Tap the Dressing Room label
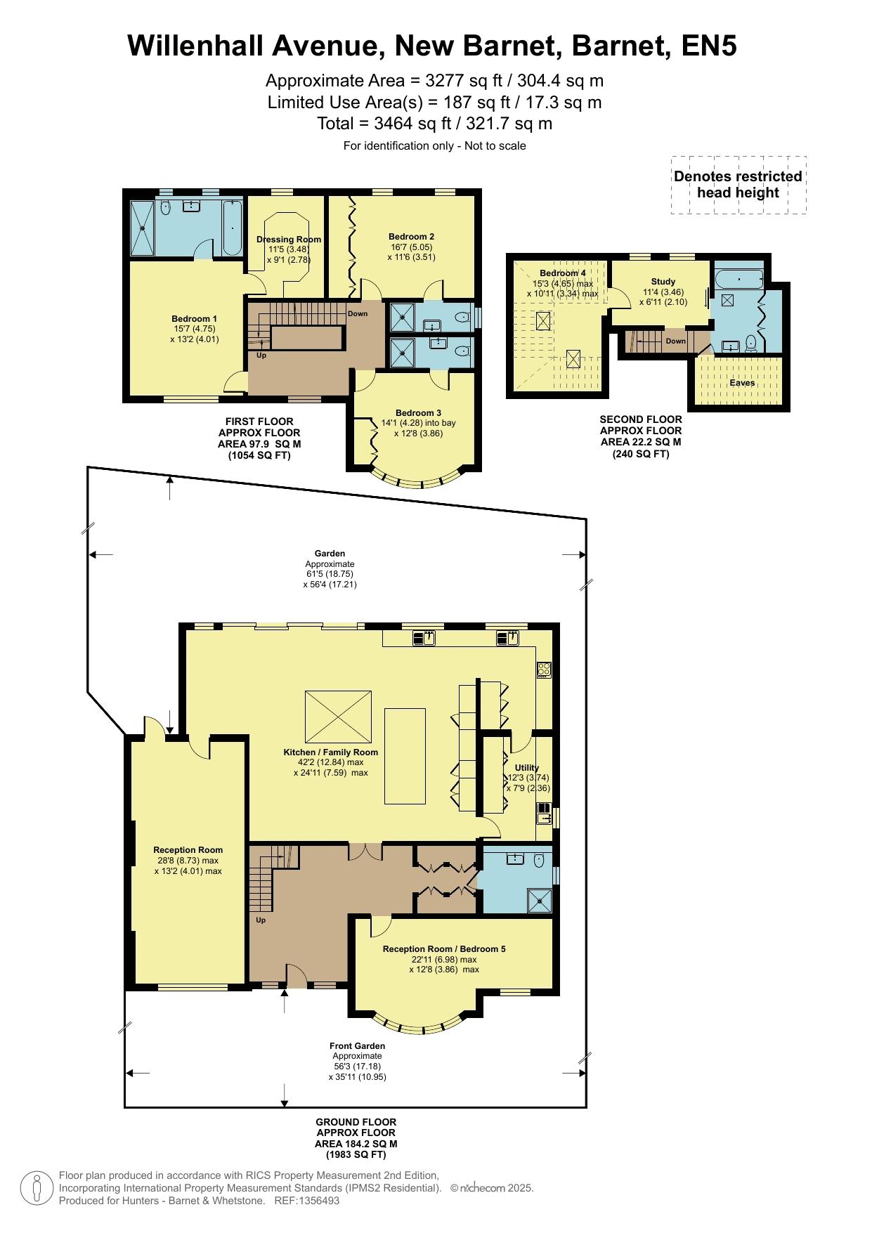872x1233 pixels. [289, 239]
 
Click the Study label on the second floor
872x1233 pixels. [663, 282]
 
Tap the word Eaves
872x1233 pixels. [742, 383]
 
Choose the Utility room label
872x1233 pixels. [527, 767]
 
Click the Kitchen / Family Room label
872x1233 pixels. [331, 752]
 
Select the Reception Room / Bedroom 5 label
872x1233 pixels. [444, 948]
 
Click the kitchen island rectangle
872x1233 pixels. [405, 755]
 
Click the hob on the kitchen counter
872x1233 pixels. [544, 669]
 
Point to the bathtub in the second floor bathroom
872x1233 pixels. [738, 280]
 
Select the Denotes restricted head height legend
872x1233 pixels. [738, 185]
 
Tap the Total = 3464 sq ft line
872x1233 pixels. [435, 124]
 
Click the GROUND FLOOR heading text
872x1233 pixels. [356, 1122]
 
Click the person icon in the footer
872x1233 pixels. [36, 1188]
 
